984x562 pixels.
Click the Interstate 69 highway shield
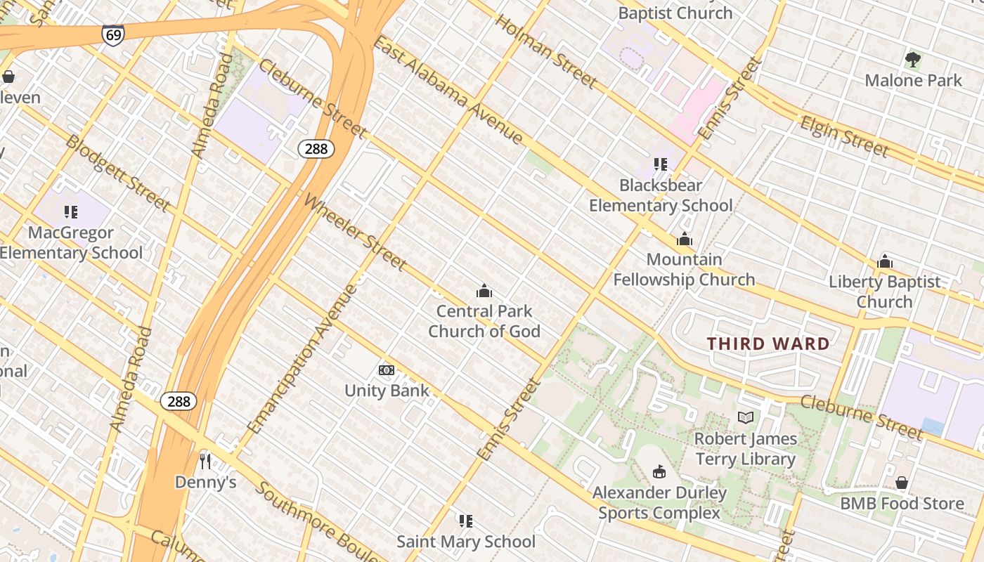pyautogui.click(x=112, y=35)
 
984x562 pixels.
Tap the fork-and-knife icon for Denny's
pyautogui.click(x=205, y=461)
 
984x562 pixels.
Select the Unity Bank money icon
pyautogui.click(x=387, y=370)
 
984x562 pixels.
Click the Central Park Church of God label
pyautogui.click(x=484, y=321)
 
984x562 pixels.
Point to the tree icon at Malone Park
pyautogui.click(x=913, y=60)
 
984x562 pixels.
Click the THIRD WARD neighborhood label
pyautogui.click(x=768, y=344)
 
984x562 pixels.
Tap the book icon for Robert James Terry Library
pyautogui.click(x=746, y=418)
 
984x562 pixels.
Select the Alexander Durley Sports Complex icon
pyautogui.click(x=659, y=471)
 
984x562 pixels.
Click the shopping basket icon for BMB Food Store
pyautogui.click(x=902, y=483)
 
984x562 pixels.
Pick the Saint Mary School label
pyautogui.click(x=466, y=542)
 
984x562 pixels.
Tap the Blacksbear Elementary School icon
pyautogui.click(x=661, y=164)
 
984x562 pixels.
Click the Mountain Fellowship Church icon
pyautogui.click(x=684, y=240)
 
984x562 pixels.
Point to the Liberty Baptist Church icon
pyautogui.click(x=884, y=262)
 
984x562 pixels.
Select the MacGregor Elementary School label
pyautogui.click(x=70, y=242)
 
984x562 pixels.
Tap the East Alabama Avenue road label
pyautogui.click(x=448, y=89)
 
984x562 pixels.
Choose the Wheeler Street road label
pyautogui.click(x=355, y=232)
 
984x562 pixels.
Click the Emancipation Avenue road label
pyautogui.click(x=303, y=358)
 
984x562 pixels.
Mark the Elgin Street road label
pyautogui.click(x=844, y=136)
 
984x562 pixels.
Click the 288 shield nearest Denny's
pyautogui.click(x=179, y=401)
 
